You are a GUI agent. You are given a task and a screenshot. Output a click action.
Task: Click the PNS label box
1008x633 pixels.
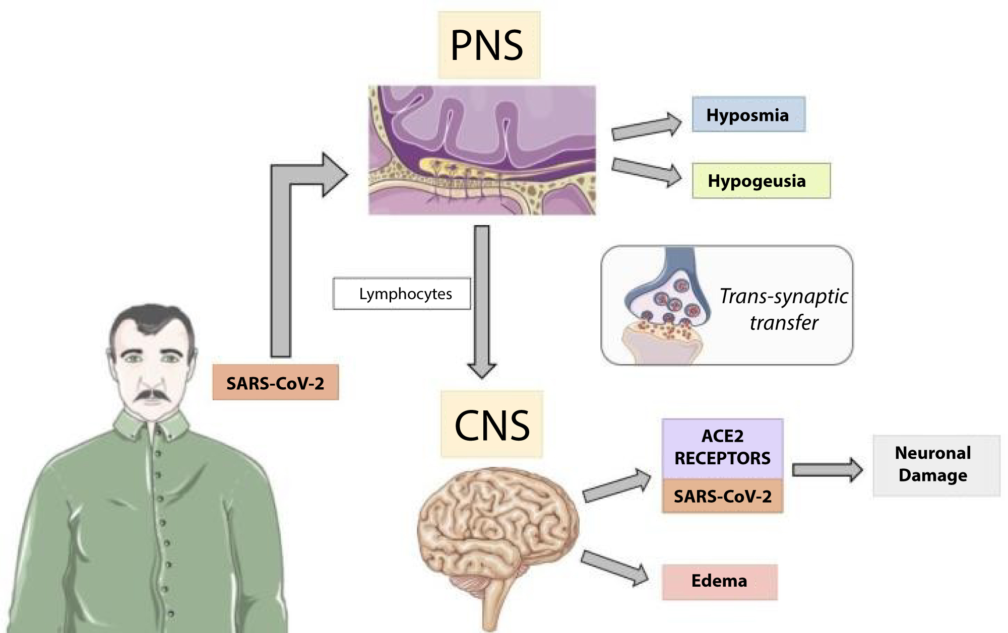tap(488, 45)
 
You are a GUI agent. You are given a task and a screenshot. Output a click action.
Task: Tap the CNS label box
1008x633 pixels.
tap(492, 425)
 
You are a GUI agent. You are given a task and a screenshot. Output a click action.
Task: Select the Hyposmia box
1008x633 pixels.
tap(748, 115)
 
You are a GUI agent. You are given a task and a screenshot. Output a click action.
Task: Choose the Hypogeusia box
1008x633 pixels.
tap(761, 181)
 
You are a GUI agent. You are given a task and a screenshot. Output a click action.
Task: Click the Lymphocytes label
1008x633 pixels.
tap(402, 294)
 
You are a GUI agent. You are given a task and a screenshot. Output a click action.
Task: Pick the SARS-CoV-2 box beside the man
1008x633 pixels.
tap(275, 383)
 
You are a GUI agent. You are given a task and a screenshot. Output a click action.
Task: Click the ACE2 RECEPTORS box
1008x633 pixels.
tap(722, 447)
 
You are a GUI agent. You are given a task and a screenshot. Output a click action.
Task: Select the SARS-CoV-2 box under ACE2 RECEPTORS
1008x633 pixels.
tap(722, 496)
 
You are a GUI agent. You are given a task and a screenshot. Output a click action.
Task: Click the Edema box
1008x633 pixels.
tap(719, 581)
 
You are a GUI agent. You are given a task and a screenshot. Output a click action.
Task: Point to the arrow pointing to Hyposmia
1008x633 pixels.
tap(646, 126)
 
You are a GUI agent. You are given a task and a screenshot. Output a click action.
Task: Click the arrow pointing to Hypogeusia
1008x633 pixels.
tap(646, 172)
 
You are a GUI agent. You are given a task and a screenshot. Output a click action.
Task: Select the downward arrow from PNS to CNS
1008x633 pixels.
tap(482, 302)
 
